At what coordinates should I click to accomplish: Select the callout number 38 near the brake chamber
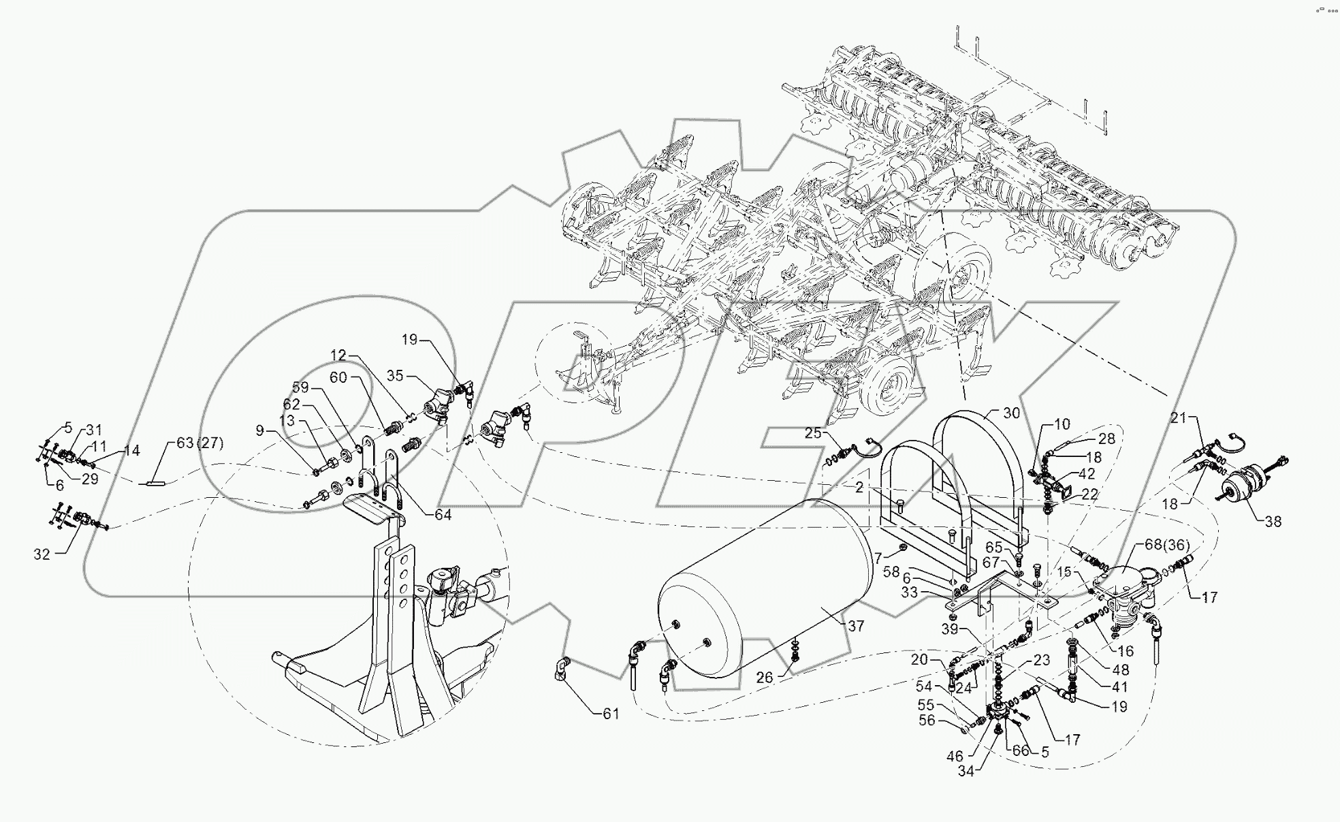click(1273, 521)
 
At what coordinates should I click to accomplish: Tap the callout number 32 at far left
click(42, 554)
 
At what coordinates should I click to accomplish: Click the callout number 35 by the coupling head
click(395, 375)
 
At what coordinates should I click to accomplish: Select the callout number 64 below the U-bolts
click(443, 514)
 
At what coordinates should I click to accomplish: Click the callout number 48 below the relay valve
click(1120, 670)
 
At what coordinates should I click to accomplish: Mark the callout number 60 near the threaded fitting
click(357, 377)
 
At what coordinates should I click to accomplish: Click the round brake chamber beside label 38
click(1241, 486)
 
